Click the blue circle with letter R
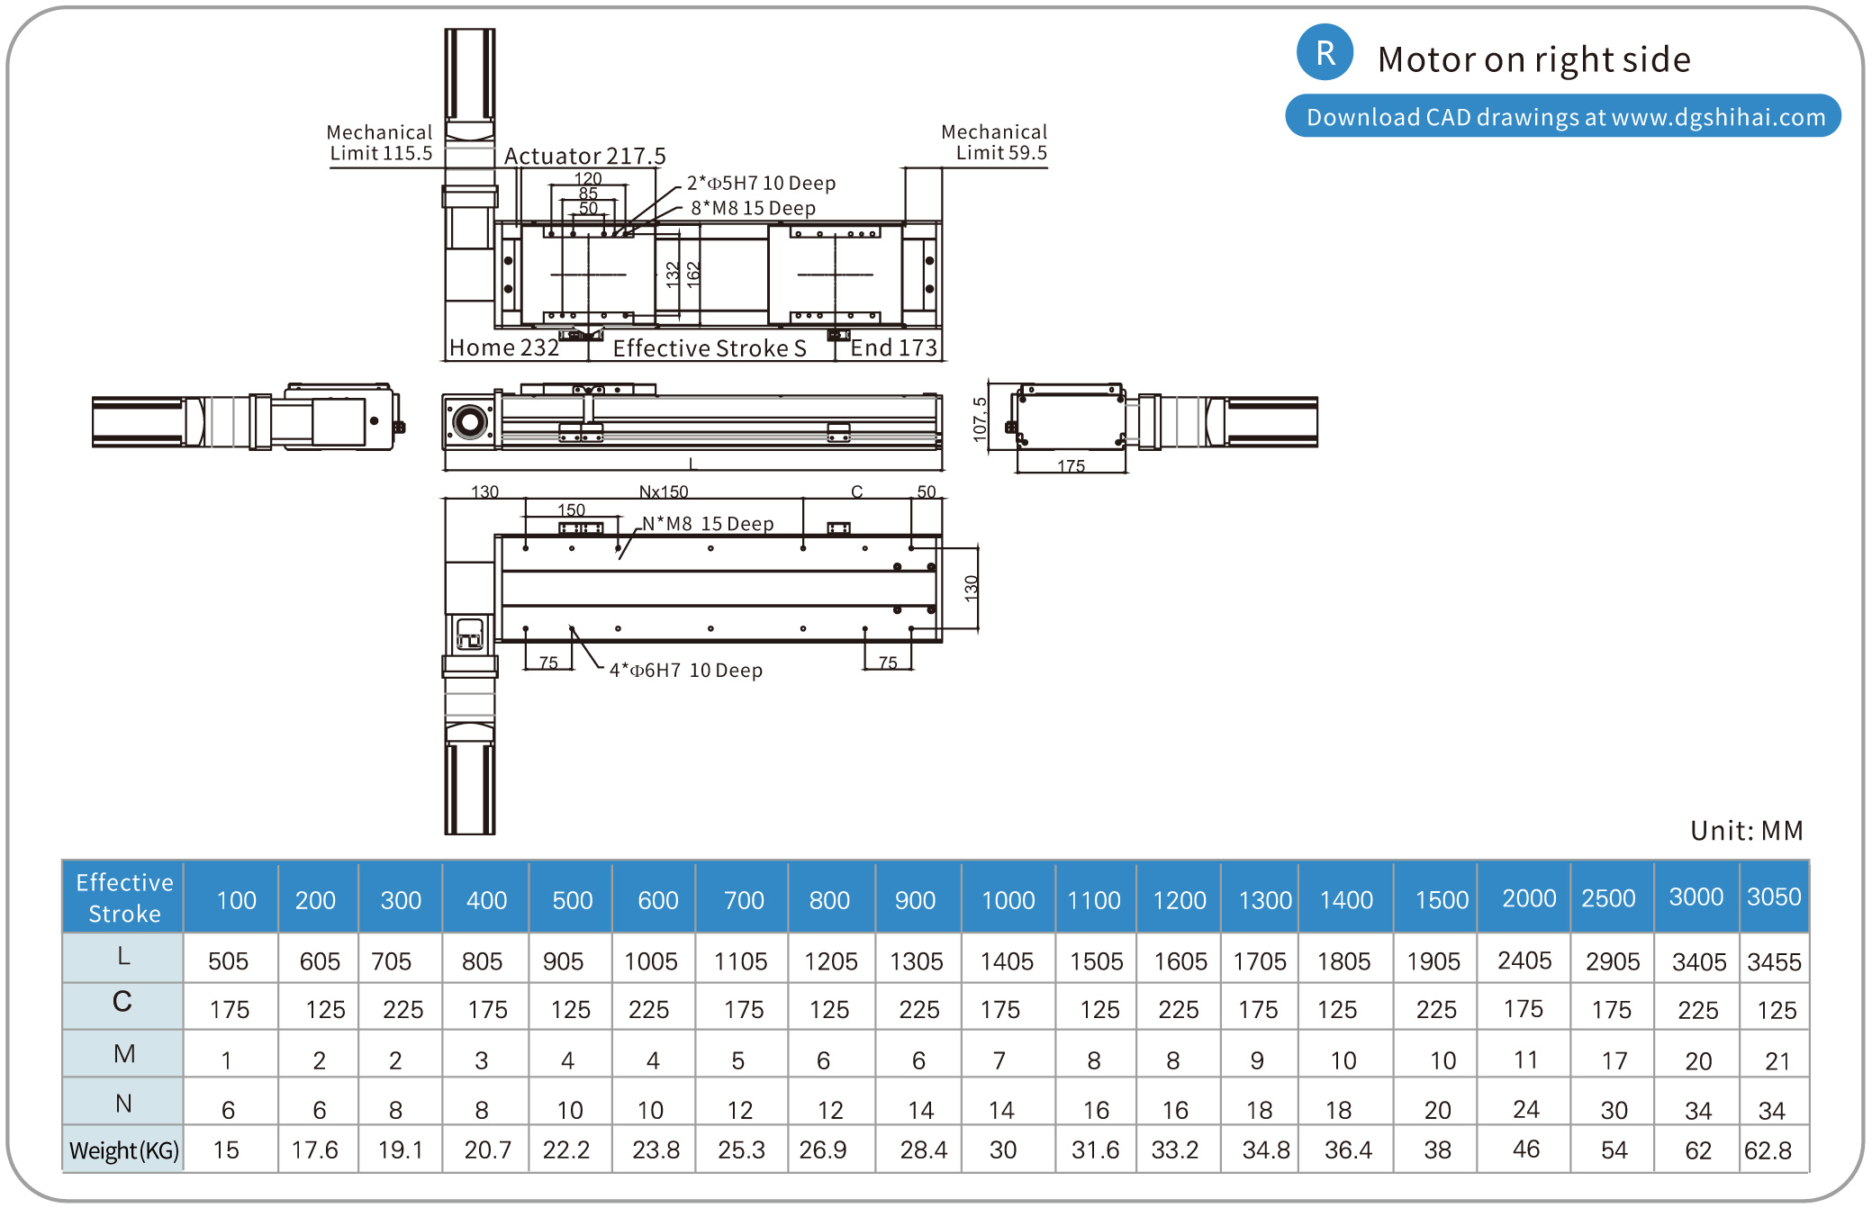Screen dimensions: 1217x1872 (1325, 52)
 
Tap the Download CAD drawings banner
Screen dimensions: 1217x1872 (1563, 117)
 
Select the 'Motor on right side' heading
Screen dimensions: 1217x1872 (1533, 59)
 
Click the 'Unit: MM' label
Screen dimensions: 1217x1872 (1746, 830)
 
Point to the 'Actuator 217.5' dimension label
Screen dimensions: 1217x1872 (584, 156)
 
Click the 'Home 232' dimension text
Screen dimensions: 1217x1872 (503, 347)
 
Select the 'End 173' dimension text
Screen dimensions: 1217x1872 (893, 347)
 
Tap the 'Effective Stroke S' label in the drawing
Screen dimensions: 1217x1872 (709, 348)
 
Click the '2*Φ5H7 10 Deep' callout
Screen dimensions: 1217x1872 (761, 183)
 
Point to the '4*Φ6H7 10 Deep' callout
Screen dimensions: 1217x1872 (685, 671)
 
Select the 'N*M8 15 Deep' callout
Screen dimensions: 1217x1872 (708, 524)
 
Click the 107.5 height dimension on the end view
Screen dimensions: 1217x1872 (980, 419)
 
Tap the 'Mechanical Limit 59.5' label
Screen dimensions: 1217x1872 (994, 142)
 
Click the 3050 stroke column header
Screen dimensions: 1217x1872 (1773, 897)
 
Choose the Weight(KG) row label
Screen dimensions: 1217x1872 (124, 1150)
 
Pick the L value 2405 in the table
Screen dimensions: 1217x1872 (1524, 960)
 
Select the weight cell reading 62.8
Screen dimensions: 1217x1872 (1768, 1150)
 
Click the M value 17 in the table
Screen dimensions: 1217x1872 (1614, 1061)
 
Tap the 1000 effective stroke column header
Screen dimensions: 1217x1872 (1008, 900)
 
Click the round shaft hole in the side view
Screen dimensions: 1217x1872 (469, 421)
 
